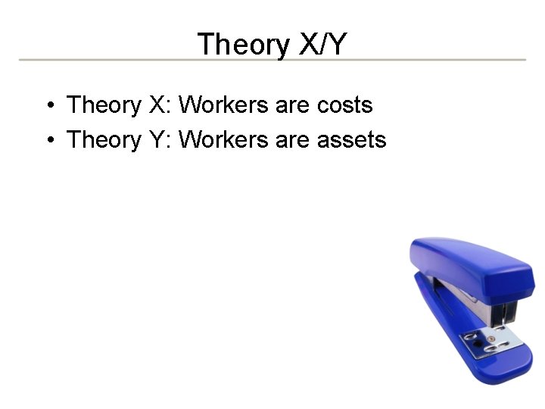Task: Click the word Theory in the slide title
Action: coord(242,45)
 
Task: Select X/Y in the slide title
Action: coord(322,45)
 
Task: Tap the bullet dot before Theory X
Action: coord(48,105)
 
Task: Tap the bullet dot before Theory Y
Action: coord(48,140)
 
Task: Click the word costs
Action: coord(344,105)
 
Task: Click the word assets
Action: coord(351,140)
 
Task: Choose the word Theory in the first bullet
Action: coord(104,105)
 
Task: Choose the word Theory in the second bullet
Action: coord(104,140)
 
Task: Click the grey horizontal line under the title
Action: coord(272,60)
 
